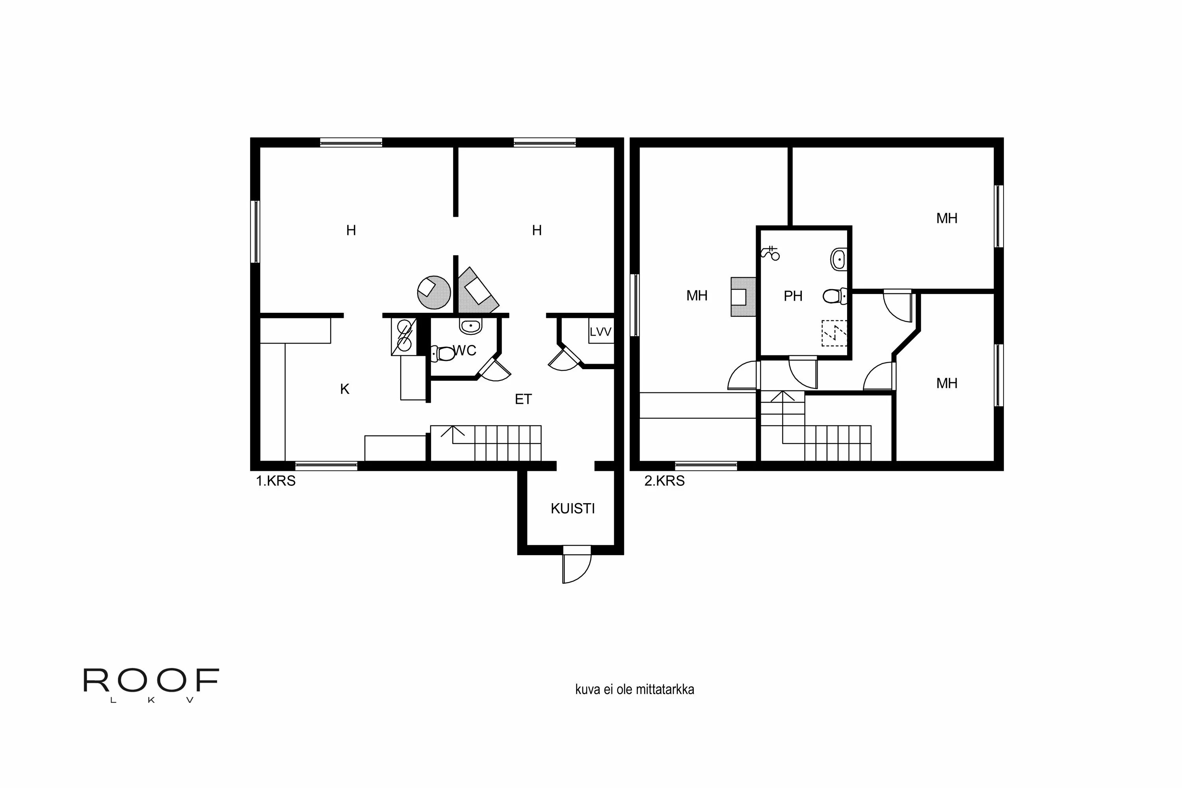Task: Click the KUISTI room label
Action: click(572, 509)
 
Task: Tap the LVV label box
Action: click(600, 332)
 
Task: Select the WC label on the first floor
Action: click(465, 350)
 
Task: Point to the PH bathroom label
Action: click(793, 297)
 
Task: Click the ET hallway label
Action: click(523, 399)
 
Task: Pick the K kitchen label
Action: click(345, 389)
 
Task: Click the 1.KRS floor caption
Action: click(276, 481)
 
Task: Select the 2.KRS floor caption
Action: click(664, 481)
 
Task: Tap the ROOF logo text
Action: click(151, 680)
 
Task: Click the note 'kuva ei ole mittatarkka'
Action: click(635, 689)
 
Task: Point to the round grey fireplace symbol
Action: click(434, 292)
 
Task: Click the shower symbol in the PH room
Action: click(770, 253)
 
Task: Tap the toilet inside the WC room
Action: click(443, 354)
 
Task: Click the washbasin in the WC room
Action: click(470, 326)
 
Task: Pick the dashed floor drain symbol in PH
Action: click(834, 333)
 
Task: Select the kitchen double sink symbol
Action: click(404, 336)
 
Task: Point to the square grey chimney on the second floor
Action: click(743, 297)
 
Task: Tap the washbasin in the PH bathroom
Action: click(839, 259)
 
